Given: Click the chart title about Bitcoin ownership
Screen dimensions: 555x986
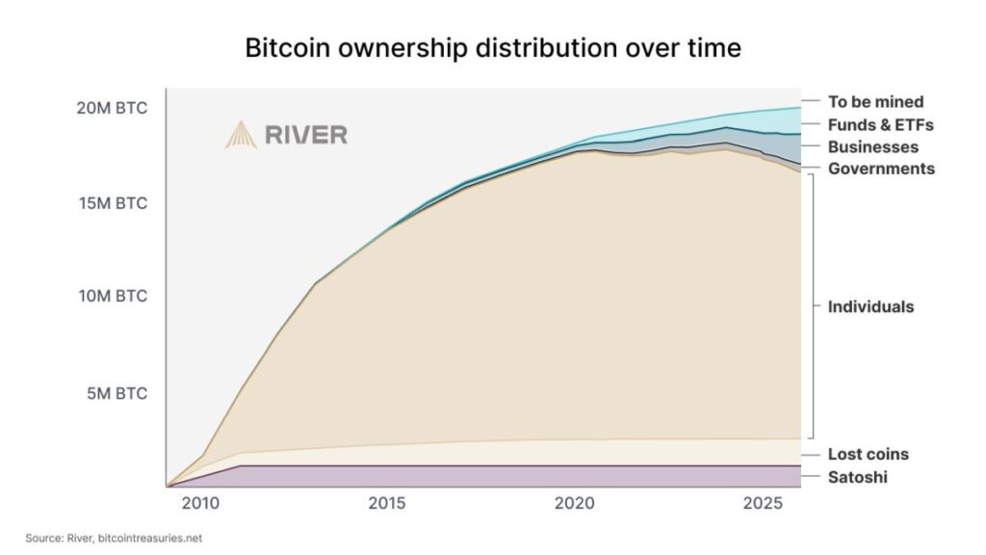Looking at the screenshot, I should tap(493, 47).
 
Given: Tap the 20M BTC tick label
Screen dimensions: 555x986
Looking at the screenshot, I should tap(112, 108).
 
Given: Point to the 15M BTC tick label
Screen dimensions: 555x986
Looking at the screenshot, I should tap(113, 203).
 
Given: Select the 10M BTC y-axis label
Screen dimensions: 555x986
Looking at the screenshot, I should tap(113, 296).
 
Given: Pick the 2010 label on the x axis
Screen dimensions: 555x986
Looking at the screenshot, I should tap(200, 503).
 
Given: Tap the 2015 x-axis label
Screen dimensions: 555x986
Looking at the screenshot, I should tap(386, 503).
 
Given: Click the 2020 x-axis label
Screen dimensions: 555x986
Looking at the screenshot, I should tap(574, 503).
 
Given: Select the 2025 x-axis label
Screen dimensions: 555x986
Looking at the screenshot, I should tap(761, 503).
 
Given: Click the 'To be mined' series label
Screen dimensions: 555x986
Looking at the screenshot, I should tap(875, 101).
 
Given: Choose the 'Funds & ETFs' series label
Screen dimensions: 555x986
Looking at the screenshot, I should tap(880, 124).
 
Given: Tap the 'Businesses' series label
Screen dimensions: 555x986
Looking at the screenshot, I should tap(872, 147).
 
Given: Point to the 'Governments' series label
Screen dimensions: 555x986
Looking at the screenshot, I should tap(881, 169).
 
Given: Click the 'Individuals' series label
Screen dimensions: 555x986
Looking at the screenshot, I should tap(870, 307).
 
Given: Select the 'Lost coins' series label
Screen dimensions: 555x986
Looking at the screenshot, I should tap(868, 454).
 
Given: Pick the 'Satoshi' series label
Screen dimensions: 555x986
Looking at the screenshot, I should tap(857, 477).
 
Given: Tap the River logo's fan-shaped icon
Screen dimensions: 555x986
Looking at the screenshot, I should tap(241, 135).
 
